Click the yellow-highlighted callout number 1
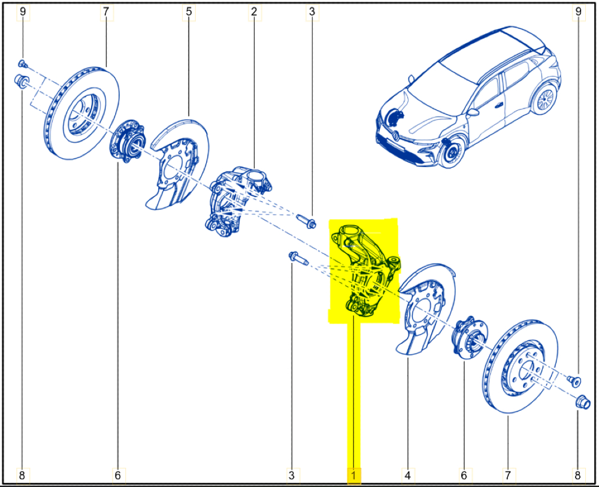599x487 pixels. click(353, 476)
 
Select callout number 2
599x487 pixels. click(254, 12)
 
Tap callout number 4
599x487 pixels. click(407, 476)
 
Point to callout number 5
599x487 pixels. click(189, 12)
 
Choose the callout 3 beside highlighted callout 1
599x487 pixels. click(292, 476)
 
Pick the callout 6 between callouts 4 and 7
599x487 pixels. click(464, 476)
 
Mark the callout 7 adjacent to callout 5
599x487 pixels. click(106, 12)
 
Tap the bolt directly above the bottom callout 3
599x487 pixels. click(298, 259)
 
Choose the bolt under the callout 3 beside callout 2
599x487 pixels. click(306, 221)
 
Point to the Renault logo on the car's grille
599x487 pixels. click(396, 135)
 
